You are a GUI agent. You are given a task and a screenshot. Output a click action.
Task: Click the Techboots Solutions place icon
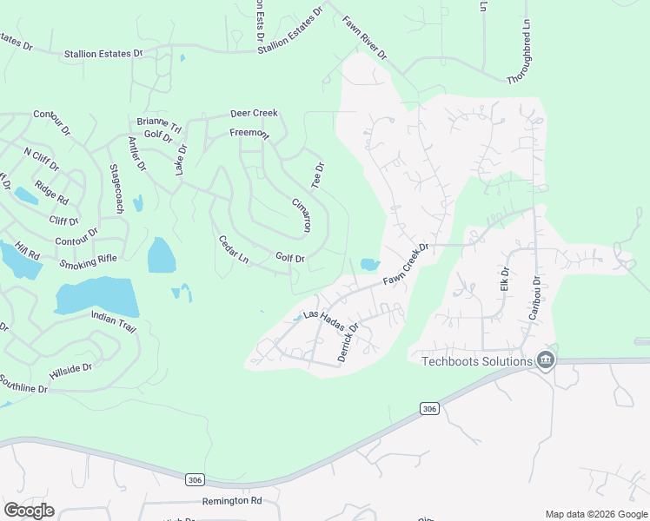coord(545,359)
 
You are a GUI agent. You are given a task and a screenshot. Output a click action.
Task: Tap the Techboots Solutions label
coord(476,361)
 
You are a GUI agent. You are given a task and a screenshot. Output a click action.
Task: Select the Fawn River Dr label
coord(363,36)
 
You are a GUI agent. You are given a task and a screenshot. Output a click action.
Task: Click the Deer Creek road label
coord(254,113)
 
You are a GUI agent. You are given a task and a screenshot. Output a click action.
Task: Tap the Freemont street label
coord(249,134)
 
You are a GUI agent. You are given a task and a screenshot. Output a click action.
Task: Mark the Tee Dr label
coord(318,174)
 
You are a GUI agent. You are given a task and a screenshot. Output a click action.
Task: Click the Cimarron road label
coord(302,214)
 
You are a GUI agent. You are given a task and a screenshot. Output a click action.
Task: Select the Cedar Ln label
coord(234,251)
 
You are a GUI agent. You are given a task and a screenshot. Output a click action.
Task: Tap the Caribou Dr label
coord(534,298)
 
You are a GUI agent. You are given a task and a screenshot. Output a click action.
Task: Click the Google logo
coord(29,510)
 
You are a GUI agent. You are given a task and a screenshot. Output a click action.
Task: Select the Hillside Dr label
coord(70,371)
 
